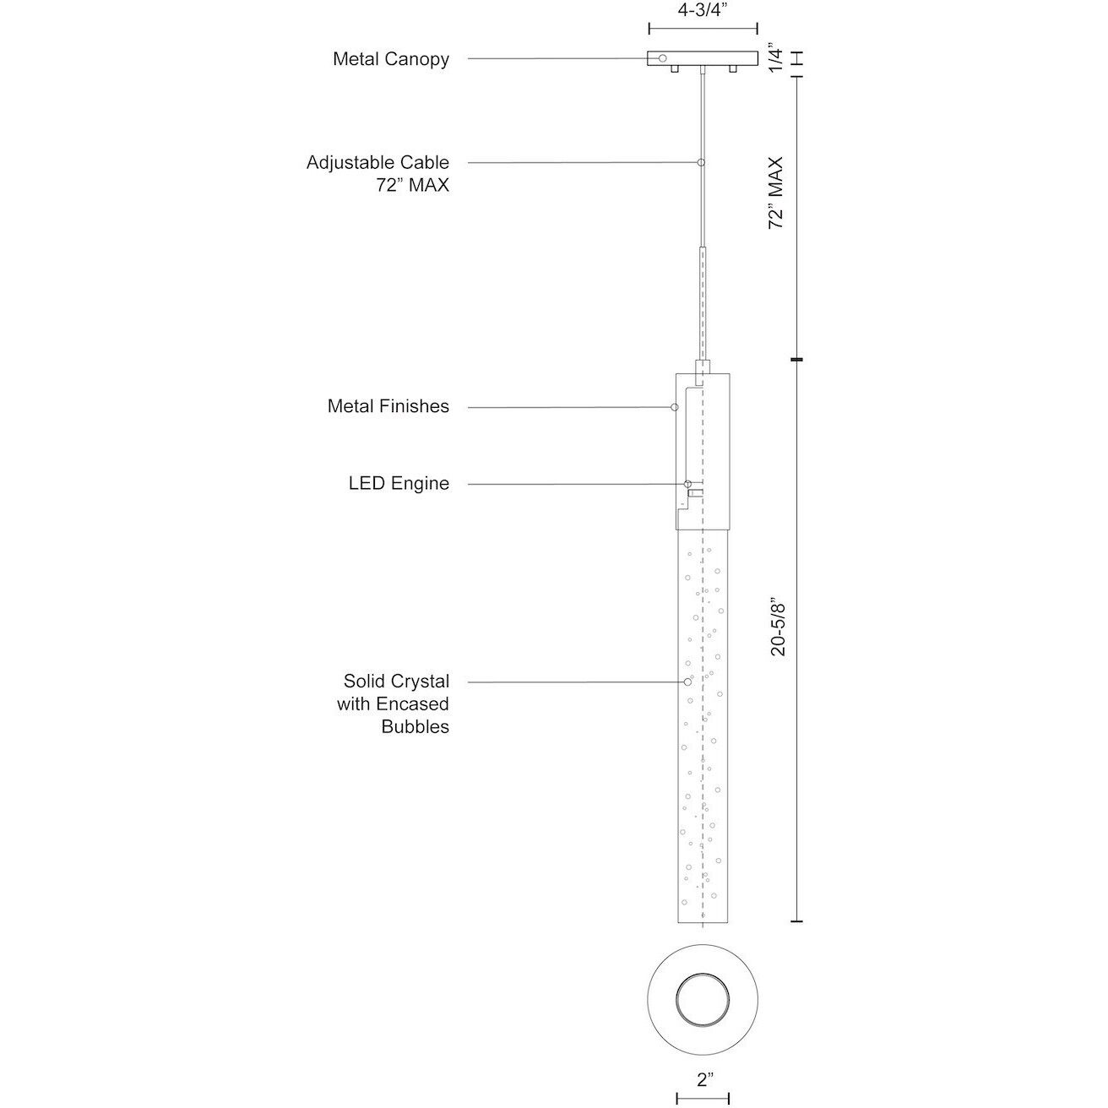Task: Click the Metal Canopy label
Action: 391,59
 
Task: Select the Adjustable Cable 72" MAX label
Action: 377,173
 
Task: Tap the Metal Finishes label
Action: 388,406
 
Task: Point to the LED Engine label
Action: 399,484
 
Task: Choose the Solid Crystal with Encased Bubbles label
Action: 394,703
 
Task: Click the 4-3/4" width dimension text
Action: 703,12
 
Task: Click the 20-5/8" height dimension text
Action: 777,627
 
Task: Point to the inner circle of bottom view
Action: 703,999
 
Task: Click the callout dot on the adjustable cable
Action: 701,162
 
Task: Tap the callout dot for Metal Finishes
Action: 674,408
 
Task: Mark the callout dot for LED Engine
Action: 687,484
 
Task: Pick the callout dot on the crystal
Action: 687,682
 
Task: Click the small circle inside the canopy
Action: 662,58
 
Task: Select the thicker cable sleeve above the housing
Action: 702,304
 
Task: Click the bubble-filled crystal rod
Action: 703,726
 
